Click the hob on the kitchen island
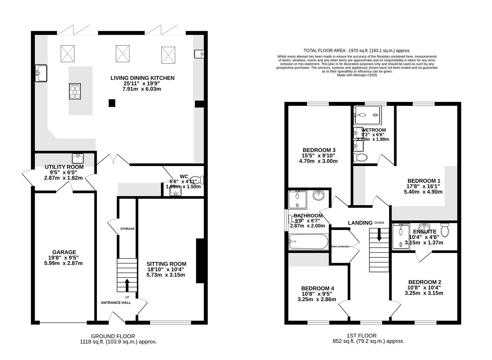coord(75,91)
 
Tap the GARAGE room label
coord(64,252)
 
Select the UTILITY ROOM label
coord(64,167)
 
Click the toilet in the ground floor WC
coord(198,180)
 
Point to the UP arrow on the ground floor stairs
coord(127,285)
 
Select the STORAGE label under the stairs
coord(127,229)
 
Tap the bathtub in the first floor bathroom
coord(309,241)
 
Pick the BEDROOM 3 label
coord(319,150)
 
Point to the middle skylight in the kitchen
coord(122,53)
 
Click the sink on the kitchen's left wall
coord(41,73)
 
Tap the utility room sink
coord(78,157)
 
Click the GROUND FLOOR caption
coord(113,336)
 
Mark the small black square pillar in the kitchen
coord(112,103)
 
